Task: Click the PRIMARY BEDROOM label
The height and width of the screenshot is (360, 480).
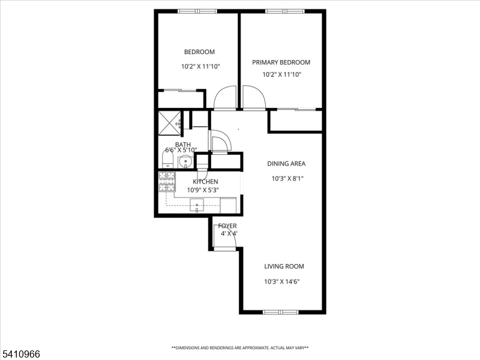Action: pyautogui.click(x=281, y=62)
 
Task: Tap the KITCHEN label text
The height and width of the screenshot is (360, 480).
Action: pyautogui.click(x=205, y=181)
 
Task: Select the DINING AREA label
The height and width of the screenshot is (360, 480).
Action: pyautogui.click(x=286, y=164)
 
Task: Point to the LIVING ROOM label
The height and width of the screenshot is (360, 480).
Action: pyautogui.click(x=284, y=266)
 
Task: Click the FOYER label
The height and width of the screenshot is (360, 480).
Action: pyautogui.click(x=228, y=226)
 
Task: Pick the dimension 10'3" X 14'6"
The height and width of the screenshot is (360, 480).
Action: pyautogui.click(x=281, y=281)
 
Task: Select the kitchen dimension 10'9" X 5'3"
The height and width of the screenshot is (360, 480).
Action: pyautogui.click(x=203, y=190)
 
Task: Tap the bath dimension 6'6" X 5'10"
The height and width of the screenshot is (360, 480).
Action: pyautogui.click(x=181, y=150)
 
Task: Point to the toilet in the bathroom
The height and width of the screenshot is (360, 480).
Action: pyautogui.click(x=167, y=160)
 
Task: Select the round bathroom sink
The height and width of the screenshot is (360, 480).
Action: pyautogui.click(x=185, y=161)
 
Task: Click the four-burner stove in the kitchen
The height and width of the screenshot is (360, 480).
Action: pyautogui.click(x=166, y=181)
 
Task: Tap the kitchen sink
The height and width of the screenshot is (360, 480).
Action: pyautogui.click(x=197, y=206)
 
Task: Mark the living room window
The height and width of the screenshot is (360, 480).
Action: pyautogui.click(x=280, y=312)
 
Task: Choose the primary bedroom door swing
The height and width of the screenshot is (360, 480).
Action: pyautogui.click(x=253, y=98)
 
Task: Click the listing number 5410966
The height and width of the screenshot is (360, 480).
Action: pyautogui.click(x=21, y=354)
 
